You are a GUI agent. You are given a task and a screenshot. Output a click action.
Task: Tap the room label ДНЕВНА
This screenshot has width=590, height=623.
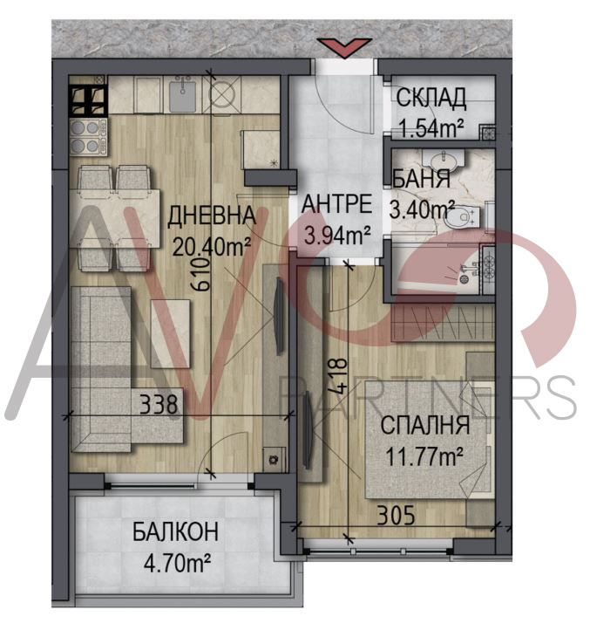212,216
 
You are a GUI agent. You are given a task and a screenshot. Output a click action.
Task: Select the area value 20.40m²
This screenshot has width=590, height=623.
212,247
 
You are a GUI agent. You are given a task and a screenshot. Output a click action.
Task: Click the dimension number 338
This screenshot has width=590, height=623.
159,405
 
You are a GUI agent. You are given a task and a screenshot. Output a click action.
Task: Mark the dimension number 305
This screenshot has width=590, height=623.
396,515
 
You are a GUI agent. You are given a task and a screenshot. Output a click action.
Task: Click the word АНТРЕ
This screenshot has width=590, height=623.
337,204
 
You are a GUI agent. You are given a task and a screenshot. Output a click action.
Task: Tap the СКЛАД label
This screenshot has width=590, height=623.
431,98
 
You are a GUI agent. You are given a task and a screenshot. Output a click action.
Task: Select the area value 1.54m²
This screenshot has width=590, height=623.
431,129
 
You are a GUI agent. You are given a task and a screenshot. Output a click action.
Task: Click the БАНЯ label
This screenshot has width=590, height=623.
421,179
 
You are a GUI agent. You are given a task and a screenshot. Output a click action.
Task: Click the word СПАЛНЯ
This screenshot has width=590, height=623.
425,425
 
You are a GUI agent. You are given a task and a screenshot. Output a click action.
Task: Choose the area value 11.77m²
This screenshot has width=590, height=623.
424,456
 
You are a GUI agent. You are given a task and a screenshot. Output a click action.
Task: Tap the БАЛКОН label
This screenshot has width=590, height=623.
175,531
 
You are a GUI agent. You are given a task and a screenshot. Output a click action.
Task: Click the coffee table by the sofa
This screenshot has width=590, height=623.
170,333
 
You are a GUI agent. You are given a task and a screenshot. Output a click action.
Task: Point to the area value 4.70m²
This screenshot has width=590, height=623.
177,563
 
